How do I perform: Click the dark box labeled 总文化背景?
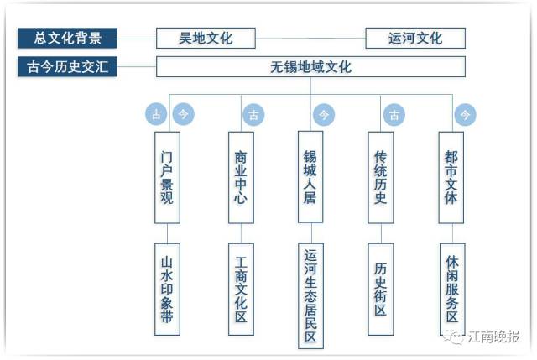(x=67, y=38)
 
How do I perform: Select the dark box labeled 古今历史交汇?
(x=67, y=67)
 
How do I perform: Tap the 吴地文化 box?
(x=206, y=38)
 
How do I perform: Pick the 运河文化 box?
(x=415, y=38)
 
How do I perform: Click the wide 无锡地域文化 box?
(x=310, y=67)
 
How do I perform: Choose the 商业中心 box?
(x=241, y=176)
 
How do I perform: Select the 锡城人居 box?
(x=310, y=176)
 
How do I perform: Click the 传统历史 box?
(x=380, y=176)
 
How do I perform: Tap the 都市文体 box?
(x=451, y=176)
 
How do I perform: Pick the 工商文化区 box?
(x=241, y=290)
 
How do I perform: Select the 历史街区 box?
(x=380, y=290)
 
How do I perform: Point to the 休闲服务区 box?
(x=451, y=290)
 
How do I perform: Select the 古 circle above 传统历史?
(x=394, y=113)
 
